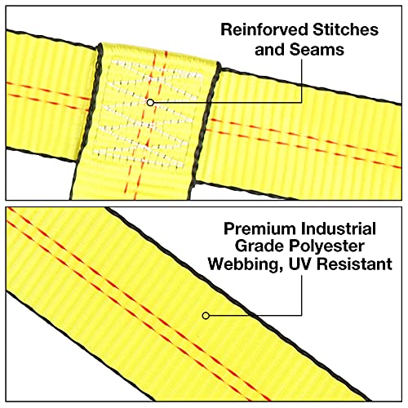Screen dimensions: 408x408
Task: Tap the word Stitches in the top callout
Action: pos(345,29)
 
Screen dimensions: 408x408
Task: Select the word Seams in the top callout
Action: pos(317,50)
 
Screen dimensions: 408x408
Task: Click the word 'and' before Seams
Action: pos(270,50)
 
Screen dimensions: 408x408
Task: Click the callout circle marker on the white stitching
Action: pos(150,103)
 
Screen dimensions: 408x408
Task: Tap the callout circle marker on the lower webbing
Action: pos(206,316)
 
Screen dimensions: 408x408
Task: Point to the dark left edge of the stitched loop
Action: pos(86,121)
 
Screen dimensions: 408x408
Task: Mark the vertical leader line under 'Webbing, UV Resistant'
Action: pos(301,295)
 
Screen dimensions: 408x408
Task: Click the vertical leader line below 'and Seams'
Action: pos(301,81)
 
